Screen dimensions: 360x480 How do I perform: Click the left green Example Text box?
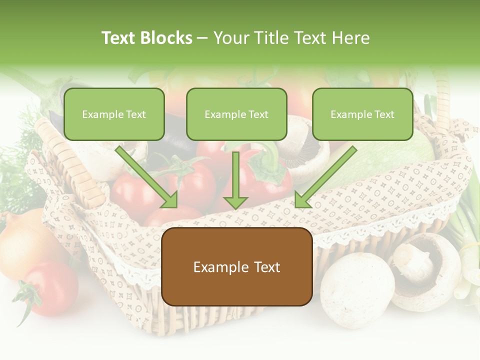click(114, 114)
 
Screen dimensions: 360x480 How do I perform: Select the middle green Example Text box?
click(236, 114)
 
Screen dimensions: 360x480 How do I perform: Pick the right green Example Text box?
click(362, 114)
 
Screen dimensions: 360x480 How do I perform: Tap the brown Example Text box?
click(236, 267)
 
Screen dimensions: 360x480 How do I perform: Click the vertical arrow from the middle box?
click(235, 180)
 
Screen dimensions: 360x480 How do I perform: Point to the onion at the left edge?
click(20, 245)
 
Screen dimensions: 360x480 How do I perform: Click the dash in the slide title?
click(202, 38)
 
